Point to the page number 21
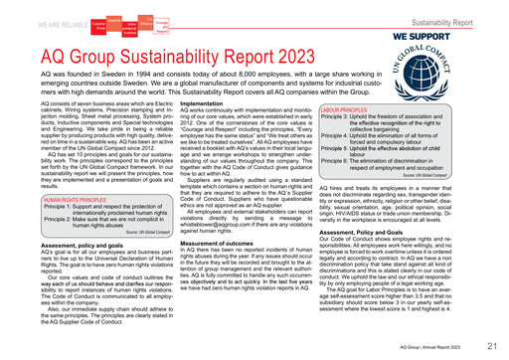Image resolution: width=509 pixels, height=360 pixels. coord(493,346)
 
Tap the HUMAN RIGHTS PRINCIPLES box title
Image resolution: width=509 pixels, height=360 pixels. coord(61,201)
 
